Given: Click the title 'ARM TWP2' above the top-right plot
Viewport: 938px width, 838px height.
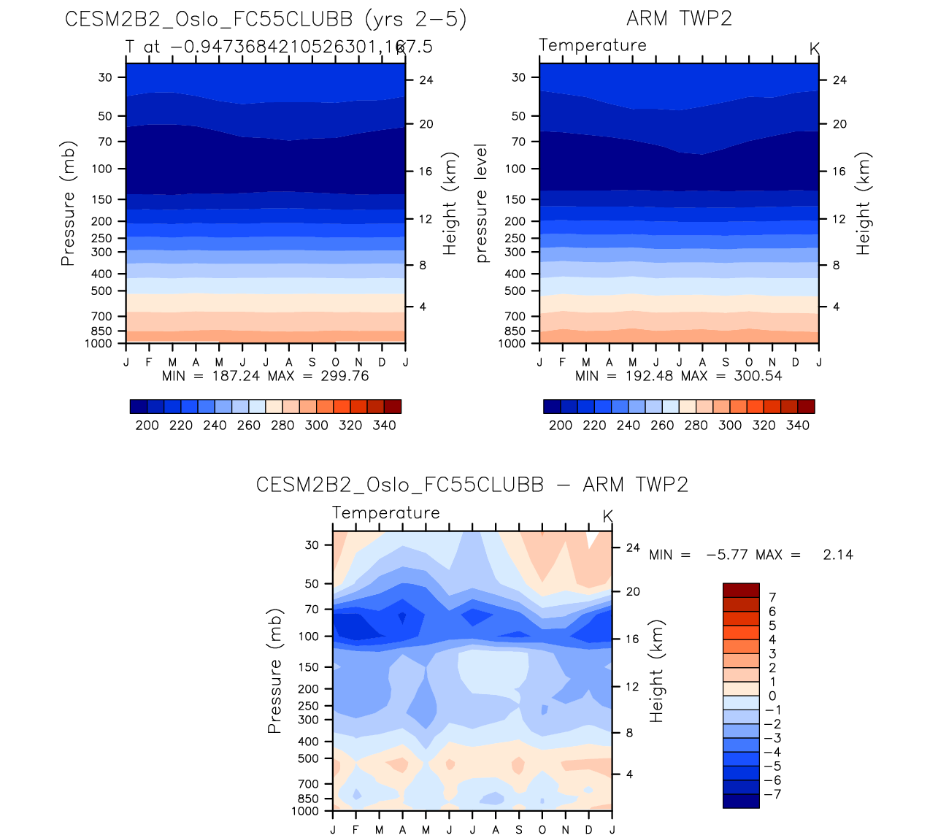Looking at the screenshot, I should click(679, 18).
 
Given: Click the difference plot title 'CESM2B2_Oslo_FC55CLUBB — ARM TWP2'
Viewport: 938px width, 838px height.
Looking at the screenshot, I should click(472, 485).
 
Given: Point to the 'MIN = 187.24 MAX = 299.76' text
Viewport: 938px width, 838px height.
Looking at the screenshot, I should click(266, 377).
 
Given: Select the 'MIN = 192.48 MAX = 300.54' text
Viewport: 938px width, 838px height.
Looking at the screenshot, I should click(679, 377).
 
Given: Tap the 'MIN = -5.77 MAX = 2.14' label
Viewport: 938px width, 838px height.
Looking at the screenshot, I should click(751, 555).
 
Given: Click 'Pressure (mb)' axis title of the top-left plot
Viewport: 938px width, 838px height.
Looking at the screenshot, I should click(68, 203).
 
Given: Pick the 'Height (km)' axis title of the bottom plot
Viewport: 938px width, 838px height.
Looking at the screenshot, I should click(657, 672).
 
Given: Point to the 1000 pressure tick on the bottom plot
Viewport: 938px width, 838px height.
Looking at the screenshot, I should click(305, 811).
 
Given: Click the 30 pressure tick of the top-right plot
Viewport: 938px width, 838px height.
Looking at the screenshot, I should click(519, 77).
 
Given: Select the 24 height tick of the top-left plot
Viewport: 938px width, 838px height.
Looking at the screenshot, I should click(426, 80).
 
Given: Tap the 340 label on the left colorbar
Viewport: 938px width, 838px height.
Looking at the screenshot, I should click(384, 426).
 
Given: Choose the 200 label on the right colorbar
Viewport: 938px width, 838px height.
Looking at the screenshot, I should click(561, 426).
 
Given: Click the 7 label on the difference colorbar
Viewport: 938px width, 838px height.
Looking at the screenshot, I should click(772, 598).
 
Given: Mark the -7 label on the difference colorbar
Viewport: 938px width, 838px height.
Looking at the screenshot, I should click(772, 794).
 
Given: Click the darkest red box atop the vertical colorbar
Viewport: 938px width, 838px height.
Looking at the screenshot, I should click(741, 591).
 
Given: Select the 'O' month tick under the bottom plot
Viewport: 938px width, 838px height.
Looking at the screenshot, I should click(542, 830).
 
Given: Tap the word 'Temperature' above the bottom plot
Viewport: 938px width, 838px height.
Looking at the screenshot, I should click(386, 513).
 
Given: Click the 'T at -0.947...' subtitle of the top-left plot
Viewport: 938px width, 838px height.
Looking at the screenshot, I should click(279, 47).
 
